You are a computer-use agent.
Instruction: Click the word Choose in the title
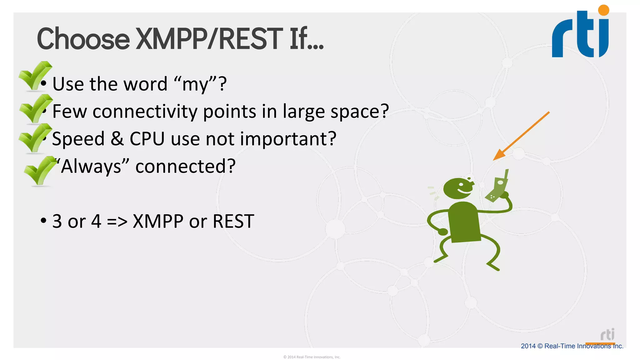coord(83,39)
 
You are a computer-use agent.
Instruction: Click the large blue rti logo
coord(581,34)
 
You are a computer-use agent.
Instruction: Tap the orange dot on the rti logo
coord(604,10)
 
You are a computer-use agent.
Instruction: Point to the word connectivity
coord(145,111)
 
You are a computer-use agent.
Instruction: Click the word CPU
coord(147,139)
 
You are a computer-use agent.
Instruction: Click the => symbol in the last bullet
coord(117,221)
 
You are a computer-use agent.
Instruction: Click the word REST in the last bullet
coord(233,221)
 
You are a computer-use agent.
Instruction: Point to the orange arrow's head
coord(499,155)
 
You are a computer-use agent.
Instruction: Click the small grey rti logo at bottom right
coord(607,335)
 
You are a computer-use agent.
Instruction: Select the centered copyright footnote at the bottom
coord(312,357)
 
